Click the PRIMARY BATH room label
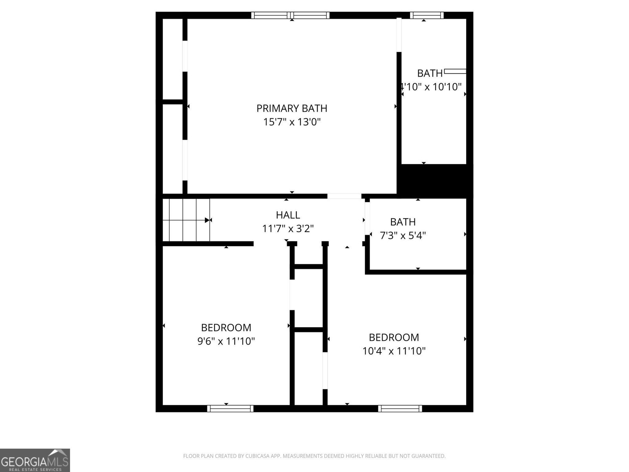292,108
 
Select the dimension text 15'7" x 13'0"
292,122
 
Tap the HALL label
288,215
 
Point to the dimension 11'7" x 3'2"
288,229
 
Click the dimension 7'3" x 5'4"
403,236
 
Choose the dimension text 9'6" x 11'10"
226,341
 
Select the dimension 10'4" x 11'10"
394,351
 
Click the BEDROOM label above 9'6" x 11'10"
226,328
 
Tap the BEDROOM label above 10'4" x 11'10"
394,337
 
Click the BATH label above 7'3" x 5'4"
403,222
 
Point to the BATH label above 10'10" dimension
430,74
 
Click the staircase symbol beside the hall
186,220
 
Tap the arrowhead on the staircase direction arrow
207,220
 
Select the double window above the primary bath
290,15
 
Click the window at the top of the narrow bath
427,15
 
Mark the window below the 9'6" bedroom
230,408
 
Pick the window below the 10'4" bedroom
400,408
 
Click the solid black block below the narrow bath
435,181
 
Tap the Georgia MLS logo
35,460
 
